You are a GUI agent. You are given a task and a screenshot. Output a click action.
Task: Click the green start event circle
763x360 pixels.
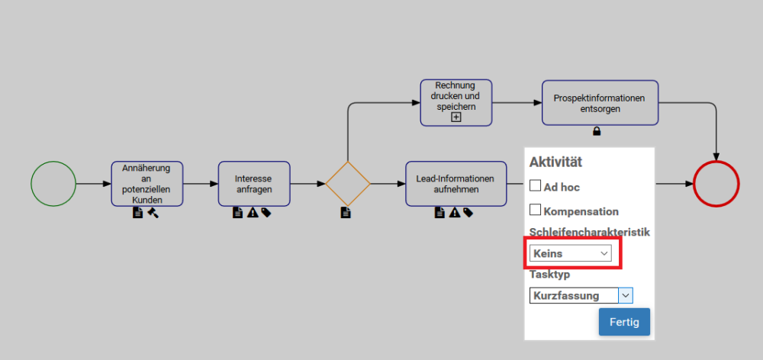point(53,184)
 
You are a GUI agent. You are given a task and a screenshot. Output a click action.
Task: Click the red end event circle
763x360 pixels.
point(716,184)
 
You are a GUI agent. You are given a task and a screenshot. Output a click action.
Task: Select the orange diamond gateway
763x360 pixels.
point(348,184)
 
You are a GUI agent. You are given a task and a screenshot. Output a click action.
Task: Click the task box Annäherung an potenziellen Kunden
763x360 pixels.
point(147,184)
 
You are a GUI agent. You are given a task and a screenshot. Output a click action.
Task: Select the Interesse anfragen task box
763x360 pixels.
point(254,184)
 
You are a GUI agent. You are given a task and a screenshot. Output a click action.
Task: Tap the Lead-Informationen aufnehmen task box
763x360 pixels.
point(456,184)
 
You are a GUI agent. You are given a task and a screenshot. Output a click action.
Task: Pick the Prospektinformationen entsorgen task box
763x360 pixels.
point(600,102)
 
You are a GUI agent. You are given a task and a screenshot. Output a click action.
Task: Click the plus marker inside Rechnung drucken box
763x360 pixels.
point(456,117)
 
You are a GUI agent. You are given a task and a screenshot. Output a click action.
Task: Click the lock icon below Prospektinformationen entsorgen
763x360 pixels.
point(597,131)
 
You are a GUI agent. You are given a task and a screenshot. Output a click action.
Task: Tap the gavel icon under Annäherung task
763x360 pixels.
point(153,213)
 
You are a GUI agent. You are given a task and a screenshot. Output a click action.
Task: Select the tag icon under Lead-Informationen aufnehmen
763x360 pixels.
point(468,213)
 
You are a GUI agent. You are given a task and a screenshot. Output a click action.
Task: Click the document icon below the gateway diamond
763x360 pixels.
point(345,213)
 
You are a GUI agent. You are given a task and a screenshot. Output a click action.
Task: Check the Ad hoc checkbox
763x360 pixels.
point(536,185)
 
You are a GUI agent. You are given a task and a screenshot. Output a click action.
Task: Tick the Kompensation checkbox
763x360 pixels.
point(536,210)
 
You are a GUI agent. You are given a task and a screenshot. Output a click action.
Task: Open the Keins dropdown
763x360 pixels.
point(571,253)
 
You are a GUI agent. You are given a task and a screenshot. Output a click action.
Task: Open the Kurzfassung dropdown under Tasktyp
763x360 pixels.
point(581,296)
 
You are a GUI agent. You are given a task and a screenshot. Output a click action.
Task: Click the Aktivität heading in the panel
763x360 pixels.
point(555,162)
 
